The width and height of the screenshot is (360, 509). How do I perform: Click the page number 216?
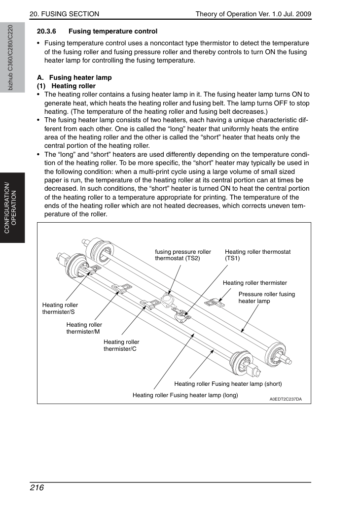pyautogui.click(x=36, y=488)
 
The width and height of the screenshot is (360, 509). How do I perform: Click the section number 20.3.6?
pyautogui.click(x=46, y=32)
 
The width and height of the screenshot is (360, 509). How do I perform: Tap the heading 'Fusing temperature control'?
pyautogui.click(x=113, y=32)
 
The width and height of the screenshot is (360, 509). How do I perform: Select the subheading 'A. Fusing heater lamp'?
pyautogui.click(x=74, y=77)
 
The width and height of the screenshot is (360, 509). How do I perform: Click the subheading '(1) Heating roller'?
pyautogui.click(x=66, y=86)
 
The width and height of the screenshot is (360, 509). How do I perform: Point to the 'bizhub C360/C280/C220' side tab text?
pyautogui.click(x=10, y=58)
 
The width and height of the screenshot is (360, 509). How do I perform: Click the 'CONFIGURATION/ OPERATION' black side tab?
pyautogui.click(x=12, y=208)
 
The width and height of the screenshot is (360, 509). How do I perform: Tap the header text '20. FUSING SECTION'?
pyautogui.click(x=64, y=14)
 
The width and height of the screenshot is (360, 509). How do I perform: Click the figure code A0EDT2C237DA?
pyautogui.click(x=286, y=399)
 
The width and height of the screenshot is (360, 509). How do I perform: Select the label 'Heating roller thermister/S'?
pyautogui.click(x=60, y=308)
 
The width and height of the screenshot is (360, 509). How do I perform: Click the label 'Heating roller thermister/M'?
pyautogui.click(x=84, y=328)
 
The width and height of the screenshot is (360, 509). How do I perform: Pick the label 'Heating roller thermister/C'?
pyautogui.click(x=121, y=345)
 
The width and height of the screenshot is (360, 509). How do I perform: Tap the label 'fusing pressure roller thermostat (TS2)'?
pyautogui.click(x=183, y=255)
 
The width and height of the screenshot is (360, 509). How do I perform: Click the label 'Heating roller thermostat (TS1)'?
pyautogui.click(x=257, y=255)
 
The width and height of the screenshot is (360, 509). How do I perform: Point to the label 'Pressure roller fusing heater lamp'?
pyautogui.click(x=267, y=298)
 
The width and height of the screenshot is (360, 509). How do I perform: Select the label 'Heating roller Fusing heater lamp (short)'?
pyautogui.click(x=228, y=384)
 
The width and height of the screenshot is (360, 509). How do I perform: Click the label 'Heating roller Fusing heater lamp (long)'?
pyautogui.click(x=185, y=395)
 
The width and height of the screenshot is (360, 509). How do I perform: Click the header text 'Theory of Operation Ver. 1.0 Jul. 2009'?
pyautogui.click(x=253, y=14)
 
